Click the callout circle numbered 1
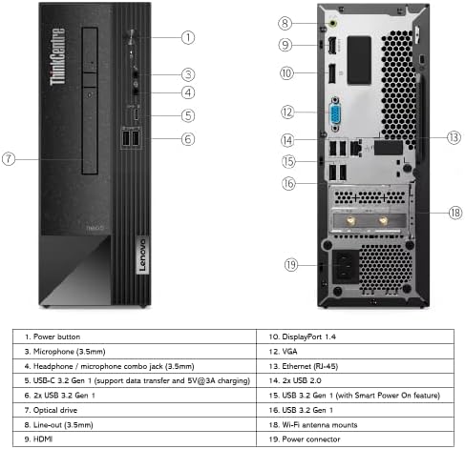188,37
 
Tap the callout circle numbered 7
9,158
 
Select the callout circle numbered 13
454,137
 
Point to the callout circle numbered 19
291,265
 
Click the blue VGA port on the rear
335,113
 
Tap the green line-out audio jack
333,23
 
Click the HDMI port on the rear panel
332,47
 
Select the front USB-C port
136,114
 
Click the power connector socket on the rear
346,266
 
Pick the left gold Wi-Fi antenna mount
350,220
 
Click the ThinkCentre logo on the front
57,56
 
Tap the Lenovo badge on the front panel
142,255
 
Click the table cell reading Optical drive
135,410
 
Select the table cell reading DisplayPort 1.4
355,337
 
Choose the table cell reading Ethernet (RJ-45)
355,366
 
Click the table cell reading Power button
135,337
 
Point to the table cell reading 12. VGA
355,352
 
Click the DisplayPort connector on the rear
331,73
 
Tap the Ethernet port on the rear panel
355,148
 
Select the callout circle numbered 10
286,73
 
